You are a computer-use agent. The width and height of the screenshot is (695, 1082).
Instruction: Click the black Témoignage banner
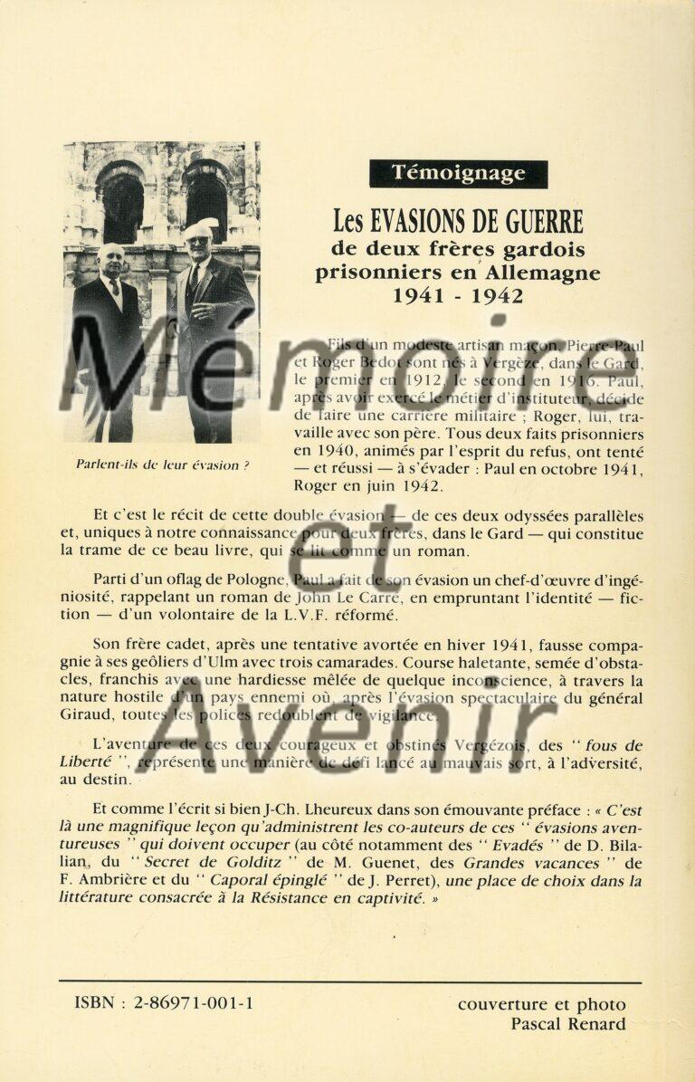click(458, 173)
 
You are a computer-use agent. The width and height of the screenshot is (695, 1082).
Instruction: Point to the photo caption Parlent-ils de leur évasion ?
click(163, 465)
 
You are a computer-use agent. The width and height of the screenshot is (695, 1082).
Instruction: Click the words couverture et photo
click(541, 1003)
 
